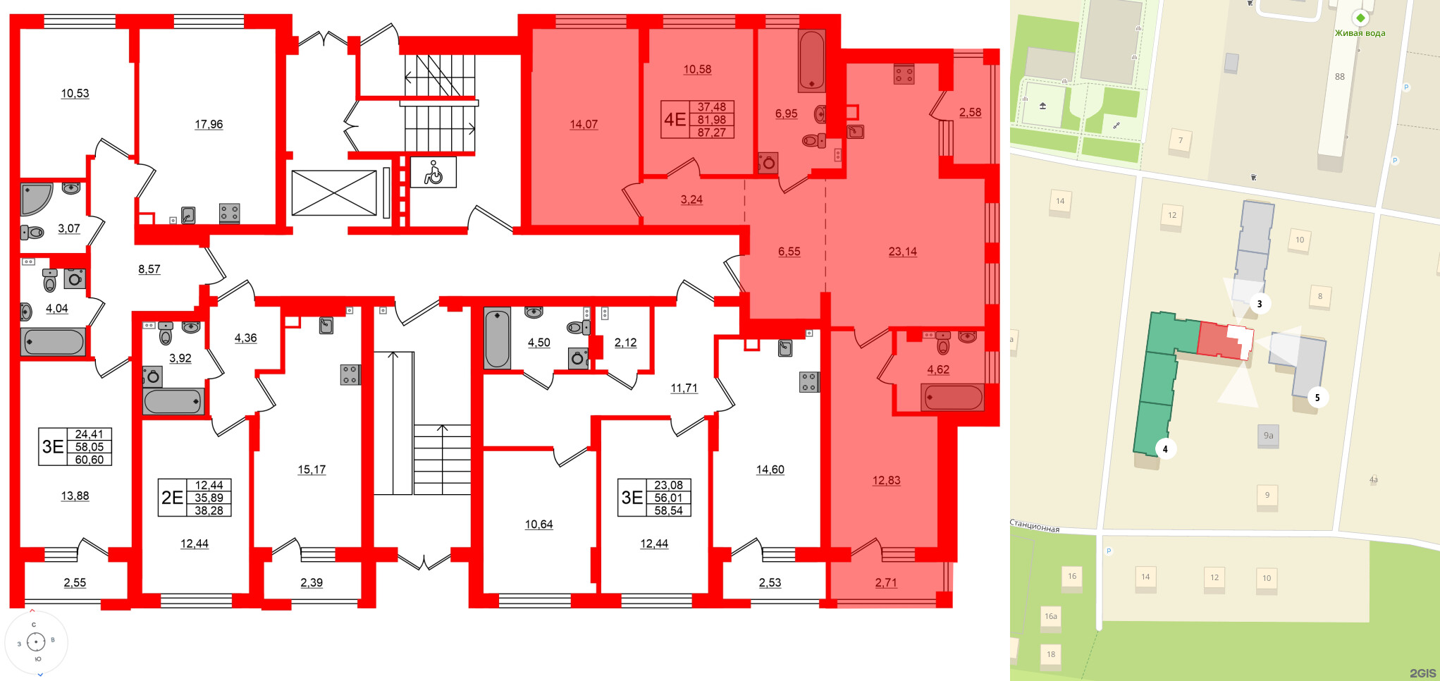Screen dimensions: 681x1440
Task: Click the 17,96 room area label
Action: click(x=209, y=125)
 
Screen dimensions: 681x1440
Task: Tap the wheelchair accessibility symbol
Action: click(x=433, y=172)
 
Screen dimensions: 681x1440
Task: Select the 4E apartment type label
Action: click(x=675, y=119)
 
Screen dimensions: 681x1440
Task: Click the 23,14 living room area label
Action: click(x=902, y=252)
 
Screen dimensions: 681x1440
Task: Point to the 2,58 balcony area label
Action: click(x=970, y=112)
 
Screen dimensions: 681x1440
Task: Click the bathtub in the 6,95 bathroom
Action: click(x=811, y=60)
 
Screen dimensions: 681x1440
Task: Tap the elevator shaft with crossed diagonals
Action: click(x=334, y=193)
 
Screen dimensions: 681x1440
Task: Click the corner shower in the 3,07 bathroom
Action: click(x=35, y=199)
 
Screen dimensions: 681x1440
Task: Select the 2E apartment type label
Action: click(x=172, y=498)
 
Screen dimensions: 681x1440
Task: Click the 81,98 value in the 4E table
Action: click(x=711, y=120)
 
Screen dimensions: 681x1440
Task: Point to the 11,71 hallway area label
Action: click(x=684, y=388)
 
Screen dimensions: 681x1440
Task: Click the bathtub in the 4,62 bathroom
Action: click(x=952, y=398)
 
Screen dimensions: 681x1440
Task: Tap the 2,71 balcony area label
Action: click(x=886, y=583)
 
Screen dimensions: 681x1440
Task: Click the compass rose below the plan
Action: click(x=36, y=642)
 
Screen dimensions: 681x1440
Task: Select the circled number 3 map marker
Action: click(x=1259, y=304)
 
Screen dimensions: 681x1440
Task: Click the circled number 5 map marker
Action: click(x=1317, y=398)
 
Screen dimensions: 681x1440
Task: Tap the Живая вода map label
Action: click(x=1360, y=33)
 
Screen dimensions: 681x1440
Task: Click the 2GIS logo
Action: click(x=1422, y=673)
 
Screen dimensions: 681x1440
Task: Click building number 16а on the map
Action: click(x=1050, y=616)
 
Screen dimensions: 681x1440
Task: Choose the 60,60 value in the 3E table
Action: click(x=89, y=460)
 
